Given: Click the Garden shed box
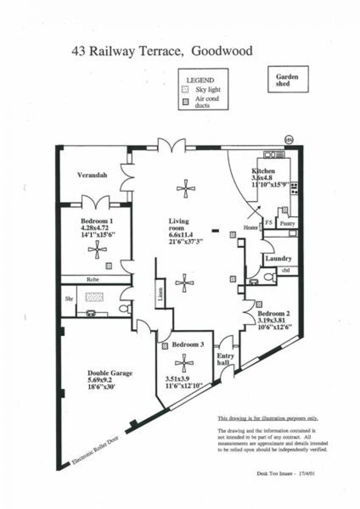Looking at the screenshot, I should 288,80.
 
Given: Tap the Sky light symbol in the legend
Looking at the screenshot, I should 184,89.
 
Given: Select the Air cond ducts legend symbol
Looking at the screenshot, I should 184,102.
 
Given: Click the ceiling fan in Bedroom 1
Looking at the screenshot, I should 98,249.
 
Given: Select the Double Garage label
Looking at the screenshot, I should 110,373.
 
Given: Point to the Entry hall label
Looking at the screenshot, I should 224,359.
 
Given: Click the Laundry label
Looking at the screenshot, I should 279,259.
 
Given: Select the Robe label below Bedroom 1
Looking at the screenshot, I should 93,279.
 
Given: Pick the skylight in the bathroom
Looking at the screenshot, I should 95,296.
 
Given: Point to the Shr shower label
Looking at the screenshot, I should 69,298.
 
